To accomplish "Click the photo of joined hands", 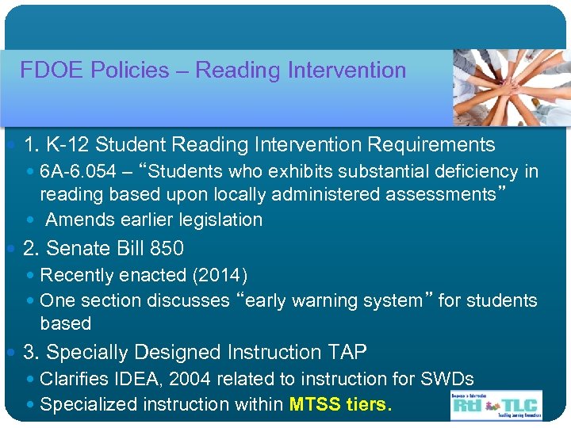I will (511, 86).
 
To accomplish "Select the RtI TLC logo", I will (496, 404).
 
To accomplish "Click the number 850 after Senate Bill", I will (167, 249).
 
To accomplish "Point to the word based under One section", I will (65, 323).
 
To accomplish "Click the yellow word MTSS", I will (315, 405).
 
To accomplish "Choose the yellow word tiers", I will (369, 405).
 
